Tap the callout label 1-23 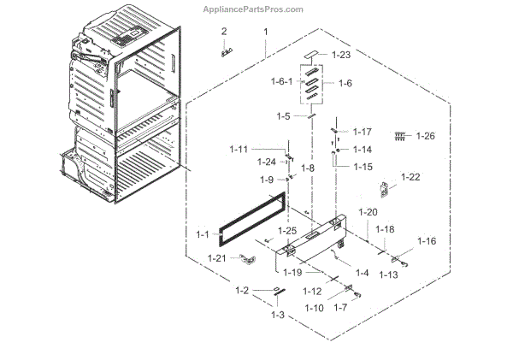(343, 55)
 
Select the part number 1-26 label (425, 136)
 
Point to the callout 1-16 (425, 241)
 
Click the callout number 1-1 (202, 234)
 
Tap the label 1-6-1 (282, 81)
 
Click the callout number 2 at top (224, 32)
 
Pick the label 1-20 (368, 211)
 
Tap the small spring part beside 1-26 (398, 135)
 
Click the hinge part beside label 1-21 (248, 257)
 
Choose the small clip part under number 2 (227, 50)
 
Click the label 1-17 (361, 133)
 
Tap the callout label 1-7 (340, 307)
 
